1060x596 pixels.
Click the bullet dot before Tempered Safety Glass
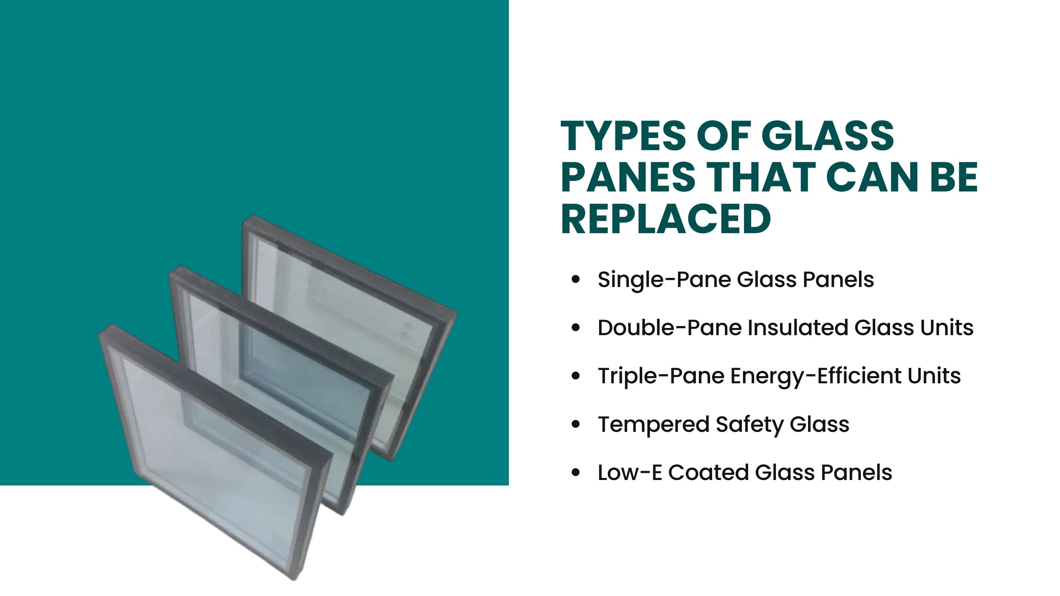click(576, 425)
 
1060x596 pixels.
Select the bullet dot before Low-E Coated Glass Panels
click(576, 473)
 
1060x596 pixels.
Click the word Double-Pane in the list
click(669, 328)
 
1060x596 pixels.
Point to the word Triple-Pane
click(661, 376)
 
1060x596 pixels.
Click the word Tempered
click(653, 425)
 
